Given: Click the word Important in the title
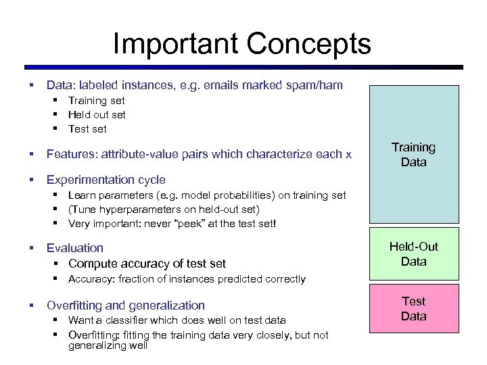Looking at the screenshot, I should click(x=175, y=45).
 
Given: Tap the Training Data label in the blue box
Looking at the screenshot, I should click(x=413, y=155).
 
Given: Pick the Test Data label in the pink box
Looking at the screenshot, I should click(x=413, y=309).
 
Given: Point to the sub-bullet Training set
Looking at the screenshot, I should click(x=97, y=100).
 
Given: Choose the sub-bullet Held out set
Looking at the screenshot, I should click(x=97, y=114).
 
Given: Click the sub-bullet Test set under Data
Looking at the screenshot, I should click(x=87, y=128).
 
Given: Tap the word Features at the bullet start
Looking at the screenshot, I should click(x=71, y=154).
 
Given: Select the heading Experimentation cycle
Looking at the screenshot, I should click(x=106, y=180).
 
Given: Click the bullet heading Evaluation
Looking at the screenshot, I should click(x=74, y=248).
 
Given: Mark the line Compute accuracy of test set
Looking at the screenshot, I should click(x=147, y=264).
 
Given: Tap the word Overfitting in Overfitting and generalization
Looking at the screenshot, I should click(x=75, y=306).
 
